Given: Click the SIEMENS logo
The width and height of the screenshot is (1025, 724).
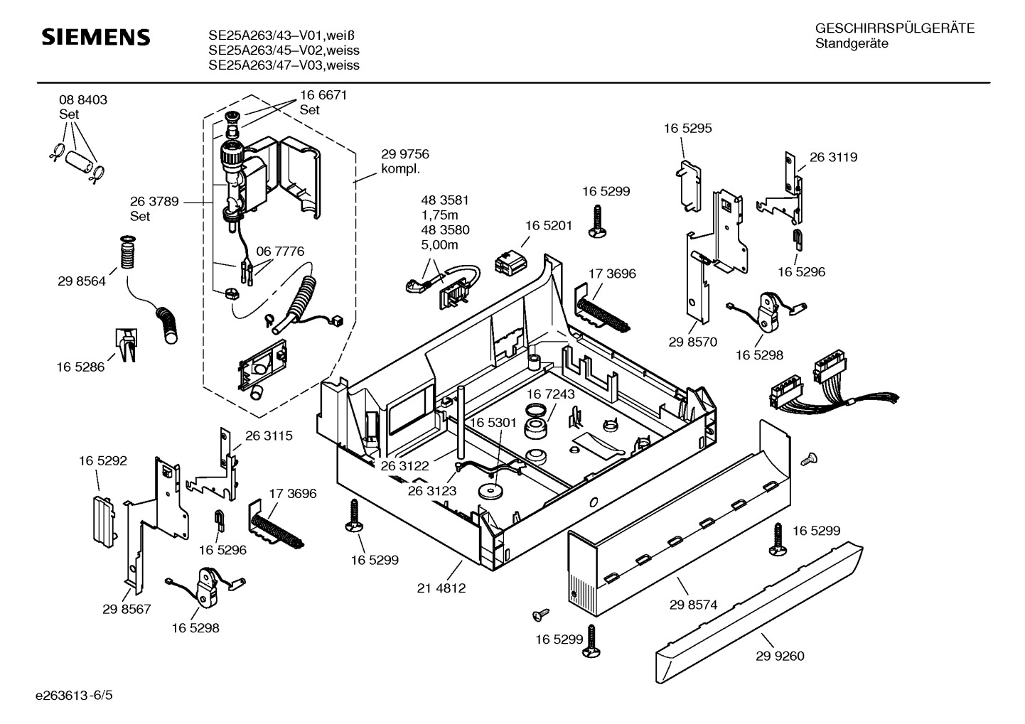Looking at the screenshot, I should (96, 38).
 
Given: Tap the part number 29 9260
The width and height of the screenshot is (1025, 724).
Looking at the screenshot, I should (780, 656).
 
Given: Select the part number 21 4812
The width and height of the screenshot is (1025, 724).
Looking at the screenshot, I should (441, 588).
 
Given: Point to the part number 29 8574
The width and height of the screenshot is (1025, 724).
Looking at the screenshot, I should (693, 605).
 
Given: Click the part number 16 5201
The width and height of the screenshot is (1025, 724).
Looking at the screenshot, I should (549, 225).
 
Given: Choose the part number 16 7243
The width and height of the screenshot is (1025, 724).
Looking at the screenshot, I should (551, 394).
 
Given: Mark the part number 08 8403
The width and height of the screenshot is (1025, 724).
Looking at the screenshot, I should (83, 100).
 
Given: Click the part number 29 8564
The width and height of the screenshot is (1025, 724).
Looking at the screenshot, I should (82, 281).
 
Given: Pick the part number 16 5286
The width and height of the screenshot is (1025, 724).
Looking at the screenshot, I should (80, 367).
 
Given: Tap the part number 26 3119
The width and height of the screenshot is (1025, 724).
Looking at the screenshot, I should (833, 158).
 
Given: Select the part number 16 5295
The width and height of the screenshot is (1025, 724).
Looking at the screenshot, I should (687, 129).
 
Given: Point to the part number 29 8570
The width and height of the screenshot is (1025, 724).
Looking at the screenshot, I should (692, 342).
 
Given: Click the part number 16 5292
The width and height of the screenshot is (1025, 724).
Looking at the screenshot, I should (102, 461).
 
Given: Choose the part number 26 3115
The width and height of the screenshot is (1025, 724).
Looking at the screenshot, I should (269, 436).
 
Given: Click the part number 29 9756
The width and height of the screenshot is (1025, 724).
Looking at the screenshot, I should (405, 154).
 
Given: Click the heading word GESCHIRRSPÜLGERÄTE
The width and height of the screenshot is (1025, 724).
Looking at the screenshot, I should (894, 29).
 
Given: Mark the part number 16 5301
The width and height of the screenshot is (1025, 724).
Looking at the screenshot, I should (493, 423).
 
